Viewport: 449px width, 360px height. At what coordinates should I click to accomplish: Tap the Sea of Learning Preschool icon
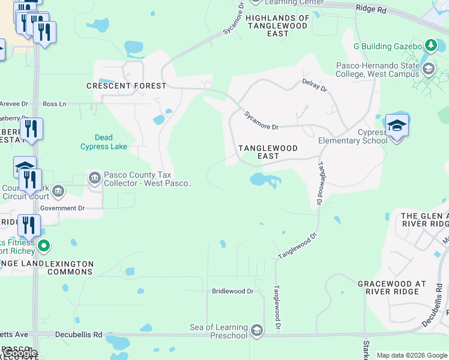(x=257, y=331)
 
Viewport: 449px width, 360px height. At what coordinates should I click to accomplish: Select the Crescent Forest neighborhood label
(x=126, y=86)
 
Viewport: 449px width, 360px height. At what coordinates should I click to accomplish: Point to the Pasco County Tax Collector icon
(x=95, y=178)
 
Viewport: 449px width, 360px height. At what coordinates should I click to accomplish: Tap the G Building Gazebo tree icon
(x=430, y=46)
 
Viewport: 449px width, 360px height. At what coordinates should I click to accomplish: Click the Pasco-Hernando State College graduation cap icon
(x=428, y=70)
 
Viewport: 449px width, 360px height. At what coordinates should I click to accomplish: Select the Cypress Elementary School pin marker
(x=397, y=127)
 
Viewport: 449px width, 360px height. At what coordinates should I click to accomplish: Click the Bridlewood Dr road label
(x=233, y=291)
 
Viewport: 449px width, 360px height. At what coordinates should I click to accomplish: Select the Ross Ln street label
(x=55, y=104)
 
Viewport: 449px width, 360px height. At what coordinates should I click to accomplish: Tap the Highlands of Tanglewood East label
(x=277, y=26)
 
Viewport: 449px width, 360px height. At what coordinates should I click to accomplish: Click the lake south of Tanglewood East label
(x=263, y=179)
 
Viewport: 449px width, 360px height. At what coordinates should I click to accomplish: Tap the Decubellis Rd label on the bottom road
(x=79, y=334)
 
